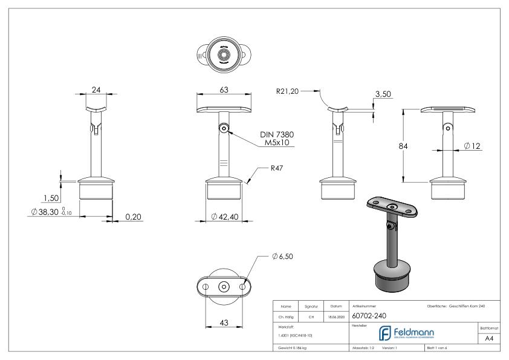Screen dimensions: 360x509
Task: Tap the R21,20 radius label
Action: tap(287, 91)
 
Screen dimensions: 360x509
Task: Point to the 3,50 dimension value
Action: tap(383, 95)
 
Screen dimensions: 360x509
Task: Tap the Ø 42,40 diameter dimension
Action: tap(224, 217)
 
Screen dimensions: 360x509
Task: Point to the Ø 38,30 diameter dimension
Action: tap(51, 212)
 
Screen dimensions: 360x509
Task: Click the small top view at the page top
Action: tap(224, 55)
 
